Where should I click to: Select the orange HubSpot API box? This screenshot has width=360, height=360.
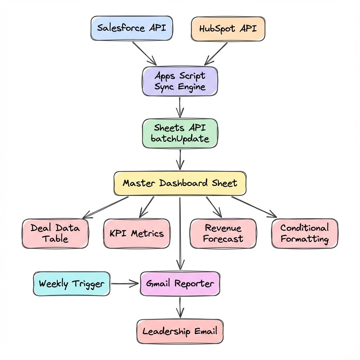point(228,28)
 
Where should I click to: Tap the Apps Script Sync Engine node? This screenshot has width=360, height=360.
point(180,81)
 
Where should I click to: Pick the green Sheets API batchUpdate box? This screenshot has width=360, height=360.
point(180,133)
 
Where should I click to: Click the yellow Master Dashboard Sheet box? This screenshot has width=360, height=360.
point(180,183)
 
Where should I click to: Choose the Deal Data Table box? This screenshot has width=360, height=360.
point(55,233)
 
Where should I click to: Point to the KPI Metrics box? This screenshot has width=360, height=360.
point(137,233)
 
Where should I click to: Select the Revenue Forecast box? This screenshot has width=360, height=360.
point(223,233)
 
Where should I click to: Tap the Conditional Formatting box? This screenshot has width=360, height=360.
point(304,233)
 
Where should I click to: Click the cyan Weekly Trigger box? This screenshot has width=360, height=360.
point(71,284)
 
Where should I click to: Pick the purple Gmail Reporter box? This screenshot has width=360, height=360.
point(180,283)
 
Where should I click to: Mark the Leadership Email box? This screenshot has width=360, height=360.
point(180,331)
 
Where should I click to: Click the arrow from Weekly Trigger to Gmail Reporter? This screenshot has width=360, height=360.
point(124,283)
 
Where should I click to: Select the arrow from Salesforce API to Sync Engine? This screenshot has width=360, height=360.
point(144,53)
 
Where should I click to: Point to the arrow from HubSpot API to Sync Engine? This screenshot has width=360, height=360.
point(216,53)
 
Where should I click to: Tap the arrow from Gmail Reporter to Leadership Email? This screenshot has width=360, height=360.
point(180,307)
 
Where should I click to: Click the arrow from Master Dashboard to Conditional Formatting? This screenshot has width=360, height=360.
point(254,207)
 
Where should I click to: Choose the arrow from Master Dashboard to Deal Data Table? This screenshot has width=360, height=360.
point(105,207)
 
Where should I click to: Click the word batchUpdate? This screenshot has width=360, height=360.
point(180,139)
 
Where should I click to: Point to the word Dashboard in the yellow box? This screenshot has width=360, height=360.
point(184,183)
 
